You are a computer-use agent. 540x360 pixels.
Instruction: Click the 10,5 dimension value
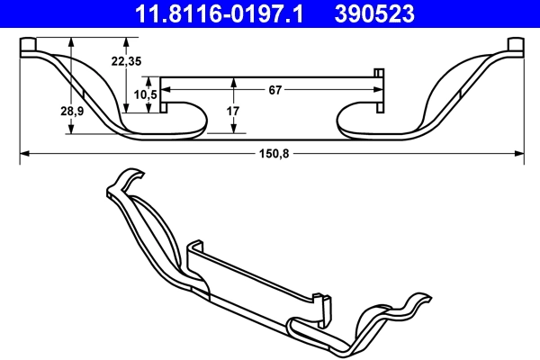tap(147, 94)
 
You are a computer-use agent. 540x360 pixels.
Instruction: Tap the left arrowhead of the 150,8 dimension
tap(24, 154)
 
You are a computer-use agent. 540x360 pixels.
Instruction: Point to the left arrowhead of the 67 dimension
tap(166, 89)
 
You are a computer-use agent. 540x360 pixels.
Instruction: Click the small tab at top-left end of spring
tap(29, 46)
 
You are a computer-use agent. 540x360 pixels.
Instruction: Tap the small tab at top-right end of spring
tap(516, 46)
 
